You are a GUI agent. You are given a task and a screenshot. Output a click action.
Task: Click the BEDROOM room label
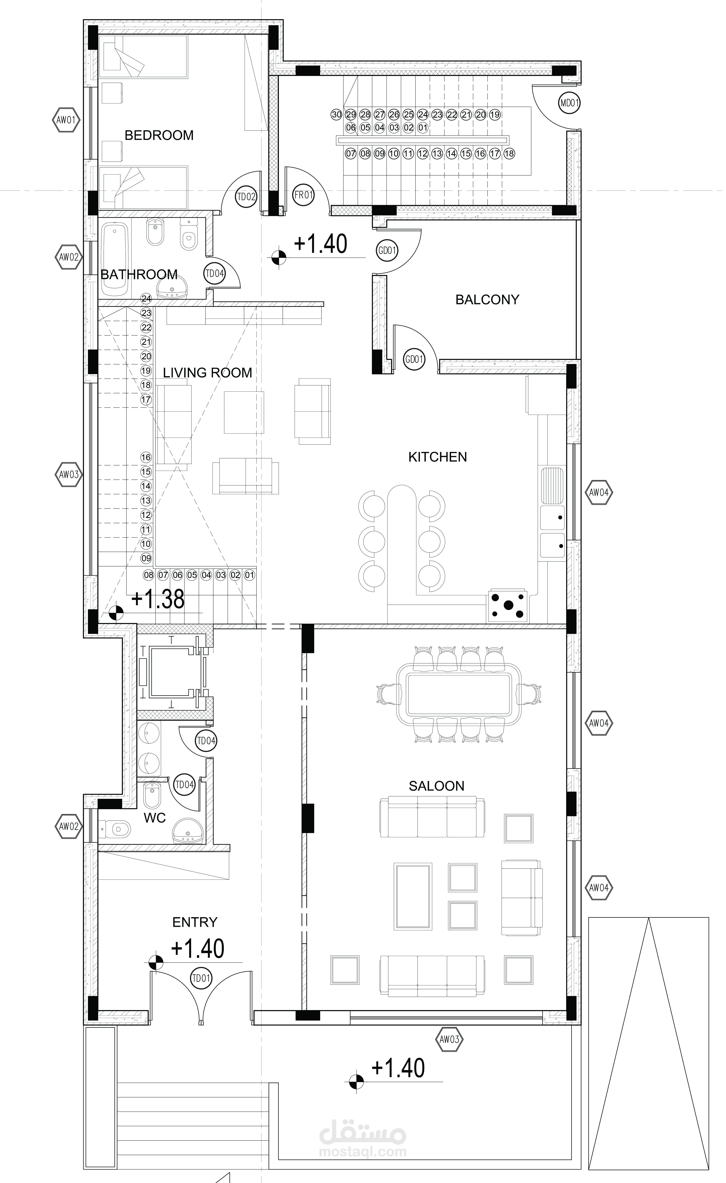159,135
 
